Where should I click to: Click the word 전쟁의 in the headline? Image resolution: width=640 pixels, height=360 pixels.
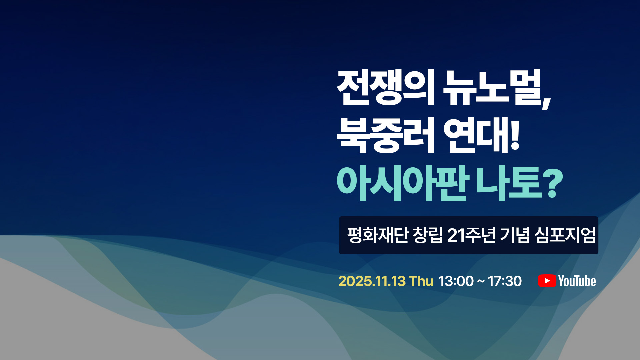pyautogui.click(x=386, y=88)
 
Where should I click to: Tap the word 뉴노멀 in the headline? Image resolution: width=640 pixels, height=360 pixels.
pyautogui.click(x=492, y=88)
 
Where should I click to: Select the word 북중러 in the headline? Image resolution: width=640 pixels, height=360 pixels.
pyautogui.click(x=386, y=135)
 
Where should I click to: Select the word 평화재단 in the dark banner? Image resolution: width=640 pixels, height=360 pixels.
pyautogui.click(x=378, y=235)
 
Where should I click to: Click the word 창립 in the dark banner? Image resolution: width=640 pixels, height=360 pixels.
pyautogui.click(x=428, y=235)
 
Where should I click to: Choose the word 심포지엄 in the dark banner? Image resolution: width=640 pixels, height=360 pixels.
pyautogui.click(x=565, y=235)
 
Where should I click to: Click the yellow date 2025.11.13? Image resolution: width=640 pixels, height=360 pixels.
pyautogui.click(x=372, y=281)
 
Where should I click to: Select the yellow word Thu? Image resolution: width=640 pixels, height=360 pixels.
pyautogui.click(x=421, y=281)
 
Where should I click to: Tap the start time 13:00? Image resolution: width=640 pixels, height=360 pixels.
pyautogui.click(x=456, y=281)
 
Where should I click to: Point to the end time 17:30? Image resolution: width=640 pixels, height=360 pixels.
pyautogui.click(x=505, y=281)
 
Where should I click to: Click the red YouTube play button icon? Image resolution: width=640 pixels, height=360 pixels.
pyautogui.click(x=547, y=281)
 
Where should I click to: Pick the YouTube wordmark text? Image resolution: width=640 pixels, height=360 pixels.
pyautogui.click(x=577, y=281)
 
